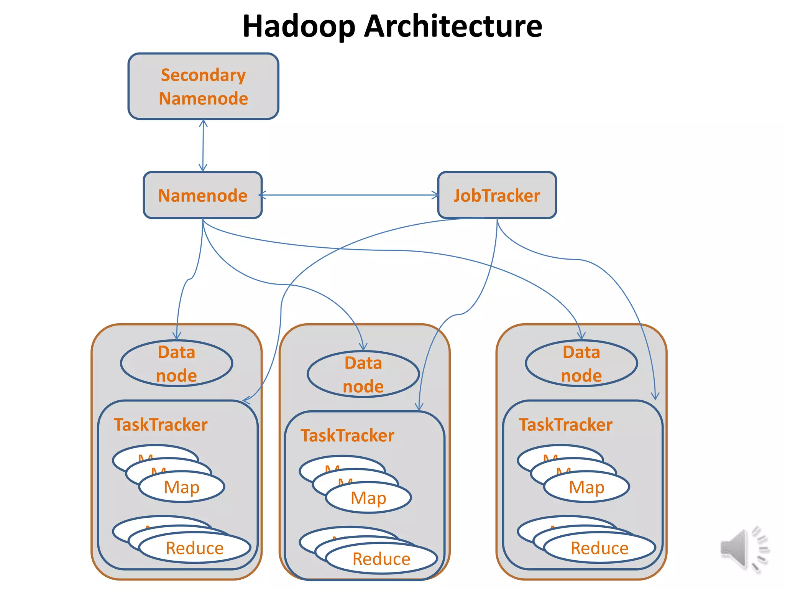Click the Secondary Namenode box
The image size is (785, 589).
point(203,86)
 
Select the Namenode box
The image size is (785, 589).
point(202,195)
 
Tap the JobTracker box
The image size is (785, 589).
point(497,195)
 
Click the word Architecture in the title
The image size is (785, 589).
point(453,26)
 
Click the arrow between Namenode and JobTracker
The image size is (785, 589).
point(349,195)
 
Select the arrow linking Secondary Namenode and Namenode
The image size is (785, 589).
point(203,146)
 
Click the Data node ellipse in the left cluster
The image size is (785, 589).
point(176,363)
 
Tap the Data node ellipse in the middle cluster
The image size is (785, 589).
point(363,374)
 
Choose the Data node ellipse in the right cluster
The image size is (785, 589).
point(581,363)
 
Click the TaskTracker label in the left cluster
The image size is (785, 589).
point(161,425)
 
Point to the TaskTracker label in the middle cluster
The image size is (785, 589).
point(347,436)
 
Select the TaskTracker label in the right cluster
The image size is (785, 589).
point(565,425)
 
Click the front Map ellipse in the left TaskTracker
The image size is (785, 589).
point(182,487)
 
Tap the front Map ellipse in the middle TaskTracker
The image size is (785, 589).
point(368,498)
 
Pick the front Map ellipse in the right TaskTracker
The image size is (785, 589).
point(586,487)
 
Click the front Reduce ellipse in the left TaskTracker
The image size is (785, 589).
point(195,548)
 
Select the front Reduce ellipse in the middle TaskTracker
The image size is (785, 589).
point(381,558)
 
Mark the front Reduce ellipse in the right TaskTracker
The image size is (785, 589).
point(599,548)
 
